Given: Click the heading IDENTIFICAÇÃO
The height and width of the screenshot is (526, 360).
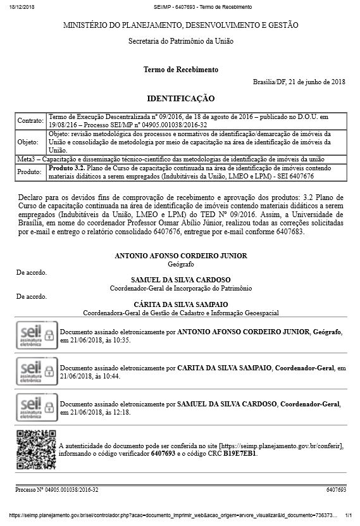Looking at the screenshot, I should (x=180, y=99).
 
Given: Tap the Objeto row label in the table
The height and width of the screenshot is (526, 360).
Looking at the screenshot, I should (x=28, y=142).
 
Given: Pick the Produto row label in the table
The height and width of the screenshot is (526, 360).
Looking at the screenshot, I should (x=30, y=172).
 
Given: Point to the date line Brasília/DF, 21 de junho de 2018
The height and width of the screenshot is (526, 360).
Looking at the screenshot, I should (x=299, y=82).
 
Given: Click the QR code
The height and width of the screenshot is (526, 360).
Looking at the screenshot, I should (x=35, y=448).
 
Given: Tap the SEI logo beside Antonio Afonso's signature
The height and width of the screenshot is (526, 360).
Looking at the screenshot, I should (x=35, y=335).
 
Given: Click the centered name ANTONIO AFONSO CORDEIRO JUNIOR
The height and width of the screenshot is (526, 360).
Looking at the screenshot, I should (x=180, y=255).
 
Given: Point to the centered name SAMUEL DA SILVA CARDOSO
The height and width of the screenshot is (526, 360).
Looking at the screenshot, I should (x=180, y=279).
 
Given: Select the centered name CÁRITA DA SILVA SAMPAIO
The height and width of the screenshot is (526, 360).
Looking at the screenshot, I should (x=180, y=304).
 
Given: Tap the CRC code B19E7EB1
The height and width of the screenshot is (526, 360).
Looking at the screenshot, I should (x=240, y=454).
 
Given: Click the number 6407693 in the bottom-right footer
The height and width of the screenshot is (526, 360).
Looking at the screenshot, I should (x=336, y=490).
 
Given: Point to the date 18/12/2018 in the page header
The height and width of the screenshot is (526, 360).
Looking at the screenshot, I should (x=21, y=6).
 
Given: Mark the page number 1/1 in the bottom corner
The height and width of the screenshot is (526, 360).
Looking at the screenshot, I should (x=347, y=516).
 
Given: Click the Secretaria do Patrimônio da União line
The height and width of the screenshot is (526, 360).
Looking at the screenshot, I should (x=180, y=41).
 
